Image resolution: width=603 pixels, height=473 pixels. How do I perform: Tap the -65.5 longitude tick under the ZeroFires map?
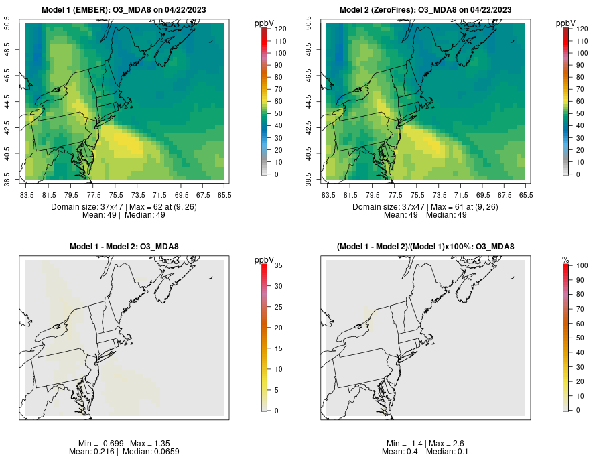click(x=525, y=195)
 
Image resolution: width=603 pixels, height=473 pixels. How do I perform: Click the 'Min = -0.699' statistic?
click(x=100, y=444)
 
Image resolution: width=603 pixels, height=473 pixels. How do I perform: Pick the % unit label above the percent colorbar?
click(x=565, y=260)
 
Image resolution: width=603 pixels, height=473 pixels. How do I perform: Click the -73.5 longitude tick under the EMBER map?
click(x=137, y=195)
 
